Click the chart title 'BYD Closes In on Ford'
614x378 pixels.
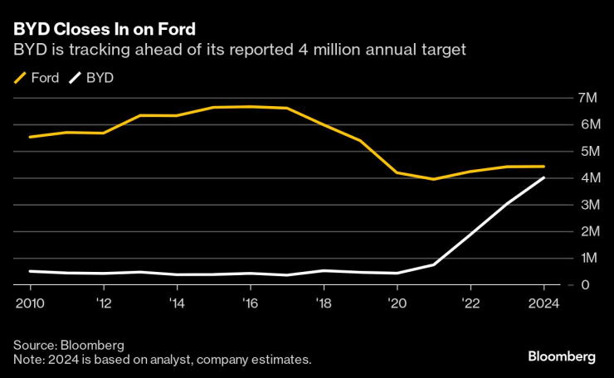point(105,30)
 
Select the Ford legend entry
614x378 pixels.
point(37,79)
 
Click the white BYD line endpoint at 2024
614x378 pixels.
point(543,177)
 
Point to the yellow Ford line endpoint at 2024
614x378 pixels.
point(543,167)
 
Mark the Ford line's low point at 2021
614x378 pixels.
point(433,179)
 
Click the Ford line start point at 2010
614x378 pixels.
point(30,137)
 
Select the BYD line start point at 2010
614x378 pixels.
point(30,271)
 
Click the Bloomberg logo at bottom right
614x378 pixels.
point(562,356)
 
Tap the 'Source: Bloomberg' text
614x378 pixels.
point(69,344)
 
